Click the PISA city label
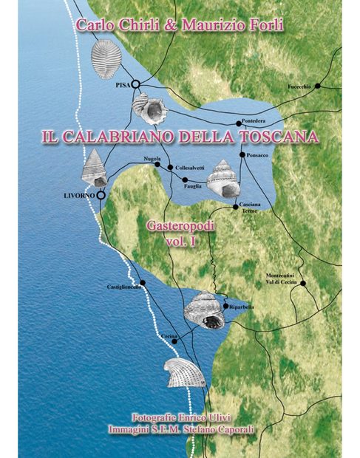[x=122, y=86]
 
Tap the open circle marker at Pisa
[x=136, y=85]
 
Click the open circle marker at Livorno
[x=101, y=195]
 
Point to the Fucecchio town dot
[x=318, y=86]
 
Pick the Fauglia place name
[x=194, y=188]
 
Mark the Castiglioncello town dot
[x=143, y=283]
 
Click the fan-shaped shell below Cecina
[x=185, y=374]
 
